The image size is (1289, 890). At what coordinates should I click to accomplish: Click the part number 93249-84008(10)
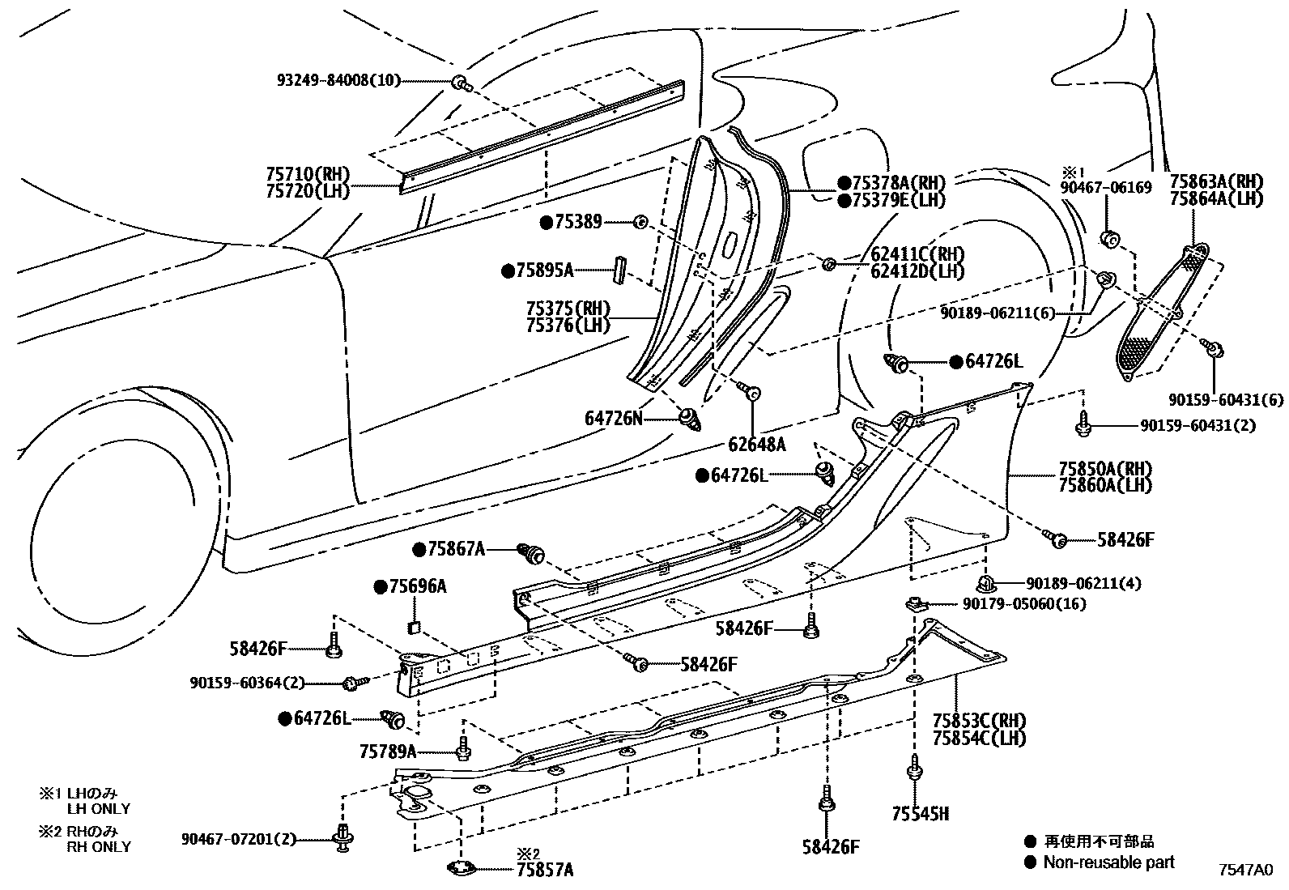[338, 81]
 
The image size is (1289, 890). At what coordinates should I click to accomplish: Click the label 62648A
[756, 444]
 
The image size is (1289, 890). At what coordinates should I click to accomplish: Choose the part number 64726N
[613, 418]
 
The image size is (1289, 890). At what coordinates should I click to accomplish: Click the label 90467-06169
[1107, 188]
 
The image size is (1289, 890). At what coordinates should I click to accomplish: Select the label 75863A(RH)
[1216, 182]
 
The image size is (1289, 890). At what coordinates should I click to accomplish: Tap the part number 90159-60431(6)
[1226, 399]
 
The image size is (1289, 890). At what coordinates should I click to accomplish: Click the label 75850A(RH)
[1104, 469]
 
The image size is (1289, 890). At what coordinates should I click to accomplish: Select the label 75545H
[920, 814]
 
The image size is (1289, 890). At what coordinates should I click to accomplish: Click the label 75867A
[456, 549]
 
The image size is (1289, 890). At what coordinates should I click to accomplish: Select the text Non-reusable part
[1108, 862]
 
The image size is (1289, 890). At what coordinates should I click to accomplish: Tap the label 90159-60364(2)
[248, 683]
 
